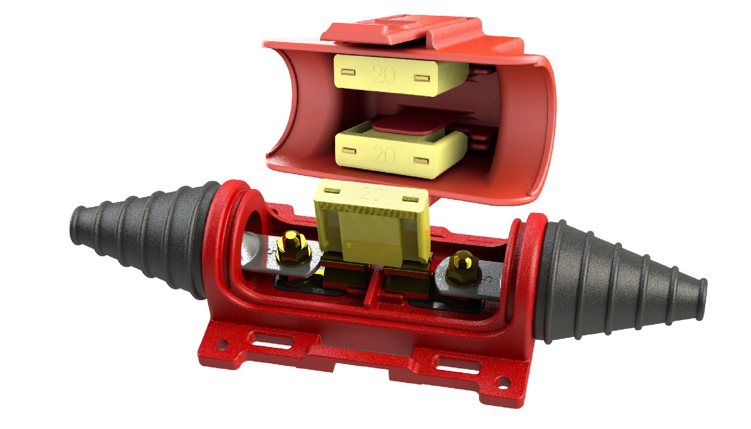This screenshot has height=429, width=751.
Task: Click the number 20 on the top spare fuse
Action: pos(383,74)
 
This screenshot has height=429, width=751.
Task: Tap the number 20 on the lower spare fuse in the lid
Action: pos(383,155)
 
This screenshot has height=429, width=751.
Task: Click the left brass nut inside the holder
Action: pos(292,249)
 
